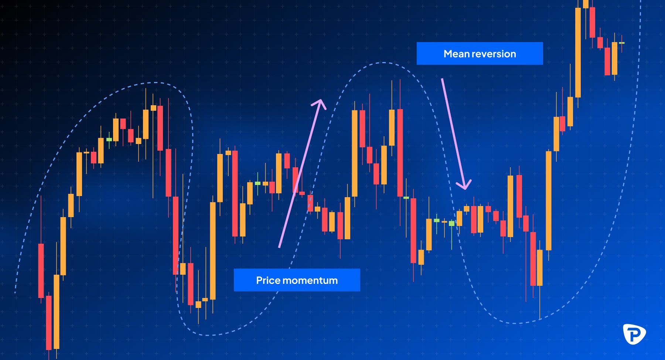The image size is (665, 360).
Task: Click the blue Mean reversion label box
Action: click(480, 54)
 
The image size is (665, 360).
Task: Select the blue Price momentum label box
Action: click(297, 280)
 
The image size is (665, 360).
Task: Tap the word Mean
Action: click(457, 54)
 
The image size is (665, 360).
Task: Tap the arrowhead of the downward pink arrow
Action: click(464, 184)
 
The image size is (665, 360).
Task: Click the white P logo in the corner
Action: click(634, 334)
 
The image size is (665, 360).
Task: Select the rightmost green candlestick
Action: click(622, 43)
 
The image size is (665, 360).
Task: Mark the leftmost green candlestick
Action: click(109, 140)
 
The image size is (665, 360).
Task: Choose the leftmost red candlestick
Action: click(41, 270)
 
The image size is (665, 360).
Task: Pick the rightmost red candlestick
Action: click(607, 61)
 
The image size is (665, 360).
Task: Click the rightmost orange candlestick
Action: click(614, 58)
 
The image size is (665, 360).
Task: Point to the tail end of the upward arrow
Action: click(279, 247)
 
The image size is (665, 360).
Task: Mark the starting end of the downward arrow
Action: click(442, 79)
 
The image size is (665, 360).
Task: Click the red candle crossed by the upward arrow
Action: click(295, 180)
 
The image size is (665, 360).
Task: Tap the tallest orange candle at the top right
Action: click(578, 52)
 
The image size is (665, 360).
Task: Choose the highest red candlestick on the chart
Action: click(593, 22)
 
